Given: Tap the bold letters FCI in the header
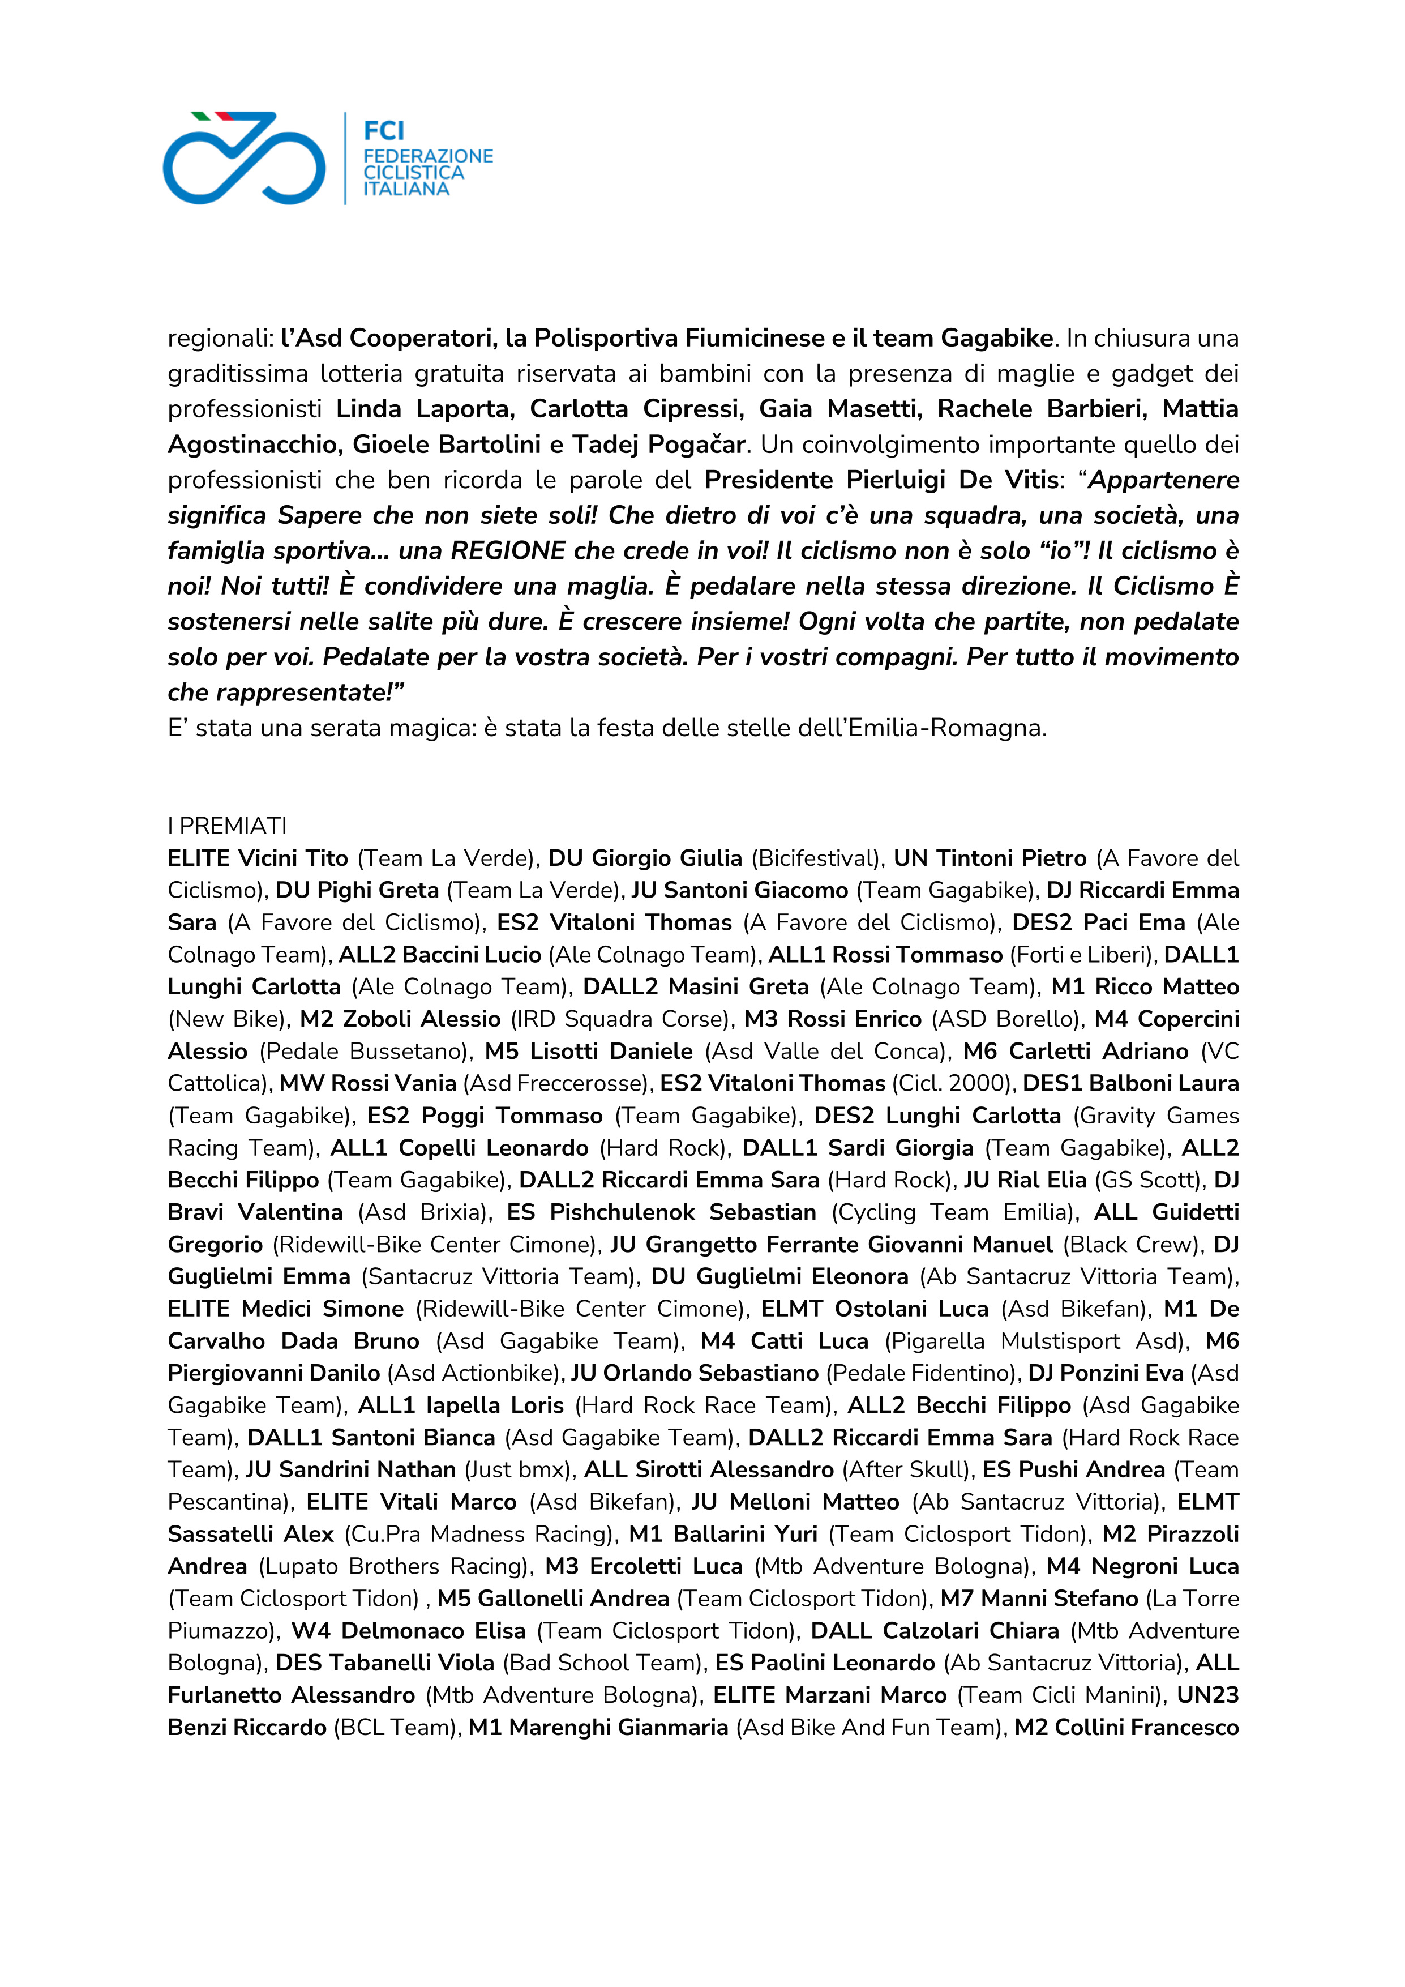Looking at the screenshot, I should coord(383,131).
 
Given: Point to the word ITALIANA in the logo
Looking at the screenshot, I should coord(406,189).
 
